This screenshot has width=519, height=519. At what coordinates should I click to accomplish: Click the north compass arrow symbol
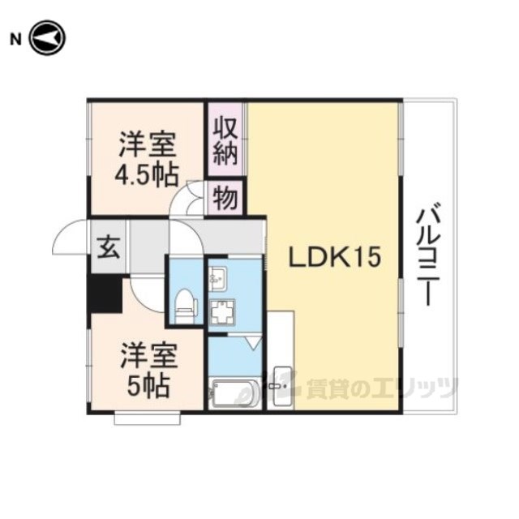48,38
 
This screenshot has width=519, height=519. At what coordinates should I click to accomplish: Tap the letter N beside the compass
15,40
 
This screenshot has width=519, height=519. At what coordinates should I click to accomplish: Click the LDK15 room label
334,258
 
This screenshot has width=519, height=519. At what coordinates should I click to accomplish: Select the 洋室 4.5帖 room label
147,159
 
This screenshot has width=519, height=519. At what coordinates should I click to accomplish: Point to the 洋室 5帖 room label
149,371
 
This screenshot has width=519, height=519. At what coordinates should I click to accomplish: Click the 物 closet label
225,199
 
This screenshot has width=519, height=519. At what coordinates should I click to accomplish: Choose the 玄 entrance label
108,247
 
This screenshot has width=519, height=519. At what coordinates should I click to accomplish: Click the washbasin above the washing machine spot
217,279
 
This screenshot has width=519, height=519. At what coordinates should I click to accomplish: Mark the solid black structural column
105,294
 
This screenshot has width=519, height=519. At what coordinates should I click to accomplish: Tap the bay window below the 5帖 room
148,418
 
